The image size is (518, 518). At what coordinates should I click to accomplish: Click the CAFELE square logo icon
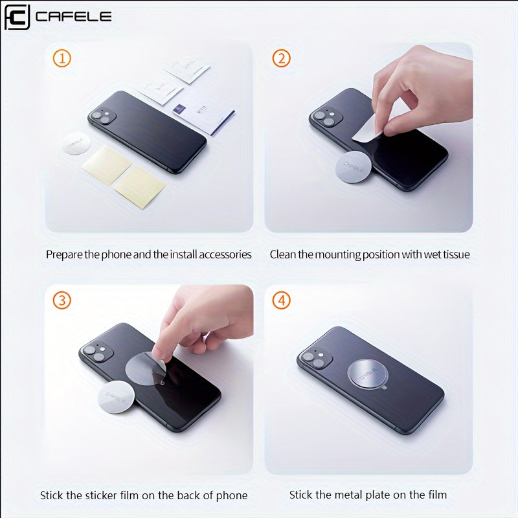coord(17,17)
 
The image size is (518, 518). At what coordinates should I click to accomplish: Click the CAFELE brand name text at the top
coord(73,17)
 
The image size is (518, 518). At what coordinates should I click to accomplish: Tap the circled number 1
coord(62,58)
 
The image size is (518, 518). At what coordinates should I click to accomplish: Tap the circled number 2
coord(281,58)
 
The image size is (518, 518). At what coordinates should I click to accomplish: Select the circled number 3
coord(62,300)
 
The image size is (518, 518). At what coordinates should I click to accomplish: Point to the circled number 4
coord(281,300)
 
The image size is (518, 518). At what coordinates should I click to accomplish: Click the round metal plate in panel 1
coord(76,143)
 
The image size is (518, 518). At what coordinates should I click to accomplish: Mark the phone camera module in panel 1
coord(102,117)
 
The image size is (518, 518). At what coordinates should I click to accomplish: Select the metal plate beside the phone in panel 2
coord(354,167)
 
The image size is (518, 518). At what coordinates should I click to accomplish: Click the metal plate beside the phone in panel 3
coord(117,396)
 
